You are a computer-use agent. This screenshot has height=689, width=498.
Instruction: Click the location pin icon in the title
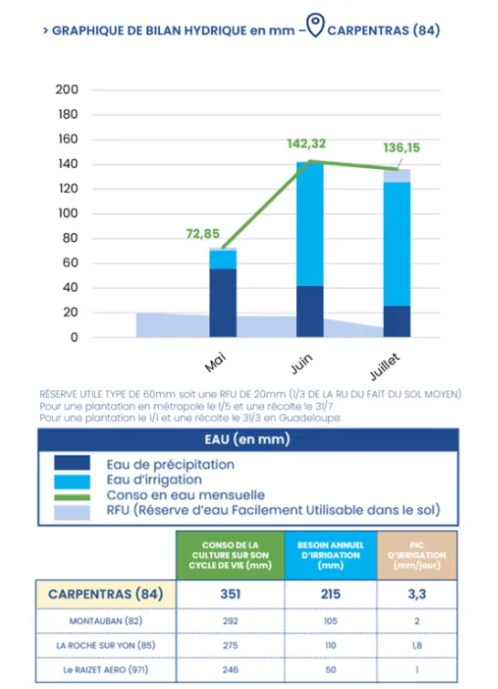(x=315, y=25)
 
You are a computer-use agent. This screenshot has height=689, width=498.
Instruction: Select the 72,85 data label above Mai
(x=203, y=234)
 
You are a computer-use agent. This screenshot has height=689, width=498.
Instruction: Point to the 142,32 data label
(x=306, y=143)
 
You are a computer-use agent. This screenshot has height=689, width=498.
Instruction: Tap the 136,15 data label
(x=401, y=148)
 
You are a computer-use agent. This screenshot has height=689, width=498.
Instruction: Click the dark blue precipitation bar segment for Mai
(x=223, y=302)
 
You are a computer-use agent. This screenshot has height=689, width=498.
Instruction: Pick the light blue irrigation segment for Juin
(x=310, y=224)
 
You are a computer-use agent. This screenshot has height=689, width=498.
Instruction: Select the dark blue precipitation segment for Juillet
(x=397, y=322)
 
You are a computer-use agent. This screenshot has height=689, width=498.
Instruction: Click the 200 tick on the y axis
(x=67, y=90)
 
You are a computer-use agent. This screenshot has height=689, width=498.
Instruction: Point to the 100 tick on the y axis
(x=68, y=214)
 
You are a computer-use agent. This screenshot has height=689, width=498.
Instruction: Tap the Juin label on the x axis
(x=302, y=364)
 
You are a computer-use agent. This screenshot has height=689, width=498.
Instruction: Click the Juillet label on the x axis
(x=385, y=366)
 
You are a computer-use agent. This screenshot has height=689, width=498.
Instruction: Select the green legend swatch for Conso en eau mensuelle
(x=72, y=497)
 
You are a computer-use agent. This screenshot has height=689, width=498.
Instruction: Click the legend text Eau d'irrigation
(x=154, y=480)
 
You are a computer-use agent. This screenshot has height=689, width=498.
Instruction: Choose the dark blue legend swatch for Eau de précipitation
(x=72, y=462)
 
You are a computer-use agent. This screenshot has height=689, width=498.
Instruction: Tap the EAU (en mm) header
(x=248, y=440)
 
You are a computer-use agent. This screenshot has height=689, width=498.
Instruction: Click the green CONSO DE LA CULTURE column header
(x=230, y=555)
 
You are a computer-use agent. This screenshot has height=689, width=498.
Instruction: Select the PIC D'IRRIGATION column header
(x=417, y=555)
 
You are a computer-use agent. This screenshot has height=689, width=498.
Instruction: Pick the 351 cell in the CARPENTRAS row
(x=230, y=594)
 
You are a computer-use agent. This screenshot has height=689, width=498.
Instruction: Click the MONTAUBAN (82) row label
(x=105, y=620)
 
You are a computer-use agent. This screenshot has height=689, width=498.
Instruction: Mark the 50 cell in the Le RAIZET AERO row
(x=331, y=670)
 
